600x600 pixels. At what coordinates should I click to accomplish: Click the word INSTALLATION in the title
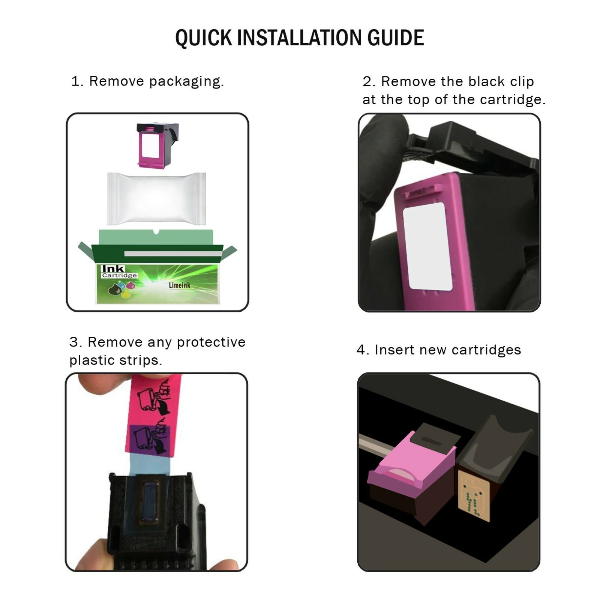click(300, 38)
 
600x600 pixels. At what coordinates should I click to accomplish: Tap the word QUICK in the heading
click(204, 38)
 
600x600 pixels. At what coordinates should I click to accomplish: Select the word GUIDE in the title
click(396, 38)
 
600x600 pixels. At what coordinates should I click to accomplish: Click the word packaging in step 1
click(186, 82)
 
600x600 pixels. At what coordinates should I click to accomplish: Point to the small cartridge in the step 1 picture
click(157, 145)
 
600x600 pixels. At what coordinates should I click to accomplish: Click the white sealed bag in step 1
click(156, 198)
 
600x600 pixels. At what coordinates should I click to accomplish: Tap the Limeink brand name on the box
click(179, 285)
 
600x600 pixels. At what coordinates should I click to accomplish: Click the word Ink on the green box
click(113, 268)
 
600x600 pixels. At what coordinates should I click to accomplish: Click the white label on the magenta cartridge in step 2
click(427, 246)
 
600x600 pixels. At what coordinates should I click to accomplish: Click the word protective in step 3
click(211, 342)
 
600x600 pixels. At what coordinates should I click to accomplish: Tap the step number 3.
click(74, 342)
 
